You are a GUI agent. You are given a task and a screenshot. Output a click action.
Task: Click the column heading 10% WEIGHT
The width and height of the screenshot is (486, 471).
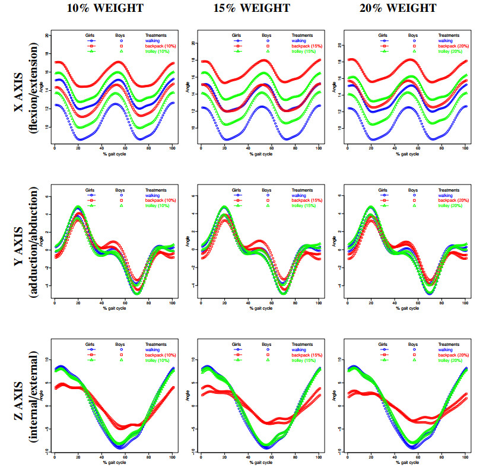click(112, 8)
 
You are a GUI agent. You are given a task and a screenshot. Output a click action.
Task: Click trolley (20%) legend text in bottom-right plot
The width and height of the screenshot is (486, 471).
click(451, 360)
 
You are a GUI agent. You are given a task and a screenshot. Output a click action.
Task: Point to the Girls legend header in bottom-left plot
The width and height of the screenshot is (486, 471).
click(91, 344)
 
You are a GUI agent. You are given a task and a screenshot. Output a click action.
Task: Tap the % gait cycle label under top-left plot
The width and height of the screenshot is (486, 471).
click(113, 155)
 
